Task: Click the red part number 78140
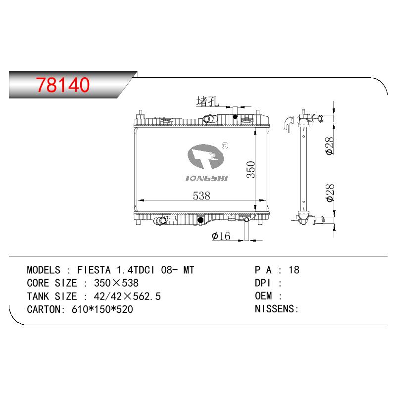63,85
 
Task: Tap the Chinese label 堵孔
207,101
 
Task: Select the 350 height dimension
251,169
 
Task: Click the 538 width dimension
201,196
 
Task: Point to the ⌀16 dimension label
221,236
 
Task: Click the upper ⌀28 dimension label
330,146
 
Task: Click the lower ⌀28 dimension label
330,193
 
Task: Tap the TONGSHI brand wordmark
206,178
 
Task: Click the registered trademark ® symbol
225,146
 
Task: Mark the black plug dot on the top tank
235,117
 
